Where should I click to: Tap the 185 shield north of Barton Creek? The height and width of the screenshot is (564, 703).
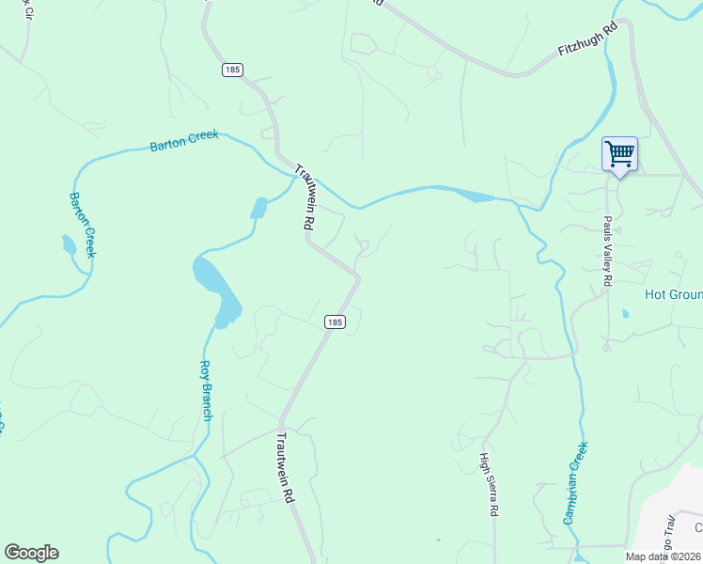[x=232, y=70]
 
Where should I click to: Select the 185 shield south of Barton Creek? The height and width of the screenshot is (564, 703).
[x=336, y=321]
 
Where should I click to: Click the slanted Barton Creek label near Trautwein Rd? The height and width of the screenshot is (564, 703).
[x=184, y=141]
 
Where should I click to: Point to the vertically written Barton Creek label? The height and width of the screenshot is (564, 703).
[x=83, y=225]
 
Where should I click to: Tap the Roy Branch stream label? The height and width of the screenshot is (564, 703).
[x=207, y=390]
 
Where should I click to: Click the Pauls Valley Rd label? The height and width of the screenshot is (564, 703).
[x=608, y=251]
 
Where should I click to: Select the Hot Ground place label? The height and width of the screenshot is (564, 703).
[x=673, y=294]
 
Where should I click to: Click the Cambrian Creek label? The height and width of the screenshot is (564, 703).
[x=575, y=482]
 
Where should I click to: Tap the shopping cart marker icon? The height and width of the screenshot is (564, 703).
[x=619, y=154]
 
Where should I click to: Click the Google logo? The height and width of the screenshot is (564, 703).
[x=31, y=553]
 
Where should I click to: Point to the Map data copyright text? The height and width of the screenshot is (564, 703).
[x=664, y=556]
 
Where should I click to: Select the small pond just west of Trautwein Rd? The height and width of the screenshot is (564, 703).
[x=258, y=208]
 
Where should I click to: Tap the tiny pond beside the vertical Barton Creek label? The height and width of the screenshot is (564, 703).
[x=68, y=246]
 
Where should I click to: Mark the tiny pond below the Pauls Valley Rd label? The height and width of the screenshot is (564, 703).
[x=624, y=314]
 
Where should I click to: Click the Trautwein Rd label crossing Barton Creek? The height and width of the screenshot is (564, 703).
[x=305, y=197]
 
